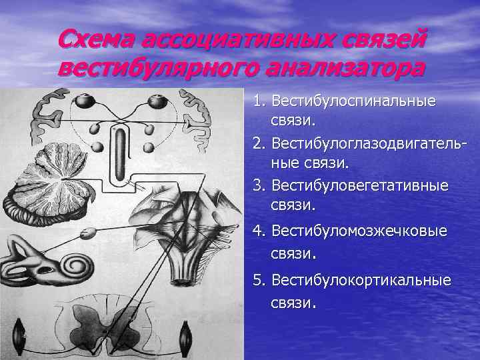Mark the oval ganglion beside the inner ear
pyautogui.click(x=87, y=234)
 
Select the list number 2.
pyautogui.click(x=259, y=143)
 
